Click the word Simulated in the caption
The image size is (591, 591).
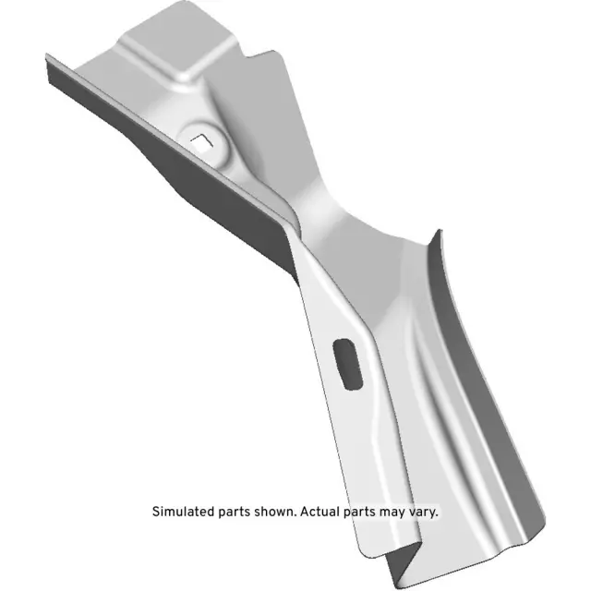click(x=181, y=511)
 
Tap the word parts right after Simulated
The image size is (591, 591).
click(x=231, y=511)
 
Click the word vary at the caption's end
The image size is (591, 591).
click(x=426, y=511)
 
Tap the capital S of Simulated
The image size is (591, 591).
click(x=155, y=511)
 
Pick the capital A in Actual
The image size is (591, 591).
click(x=302, y=511)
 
